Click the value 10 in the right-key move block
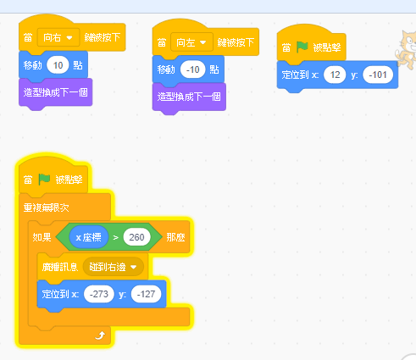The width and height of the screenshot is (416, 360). (58, 65)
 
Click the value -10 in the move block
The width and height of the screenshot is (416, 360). (192, 69)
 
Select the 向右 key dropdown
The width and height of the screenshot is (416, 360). (58, 37)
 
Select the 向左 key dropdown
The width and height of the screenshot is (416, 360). (191, 42)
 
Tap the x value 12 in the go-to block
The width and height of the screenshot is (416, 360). (335, 75)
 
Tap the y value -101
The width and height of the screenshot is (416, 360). (378, 75)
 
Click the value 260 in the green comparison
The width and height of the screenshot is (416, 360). (136, 237)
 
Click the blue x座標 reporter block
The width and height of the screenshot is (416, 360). (89, 237)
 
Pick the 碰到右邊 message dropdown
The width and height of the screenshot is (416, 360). (113, 267)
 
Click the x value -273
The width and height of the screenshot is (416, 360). (99, 294)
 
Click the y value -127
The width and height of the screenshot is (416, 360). (146, 294)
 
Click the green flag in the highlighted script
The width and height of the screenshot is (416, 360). (44, 180)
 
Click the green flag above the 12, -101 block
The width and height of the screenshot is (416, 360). (302, 47)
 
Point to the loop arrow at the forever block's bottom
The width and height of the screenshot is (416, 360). (100, 335)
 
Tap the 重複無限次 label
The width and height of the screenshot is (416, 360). (46, 208)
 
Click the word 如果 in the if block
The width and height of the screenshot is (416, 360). (42, 237)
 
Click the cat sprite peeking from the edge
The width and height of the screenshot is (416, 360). (406, 49)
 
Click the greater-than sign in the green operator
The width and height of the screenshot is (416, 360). (115, 237)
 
